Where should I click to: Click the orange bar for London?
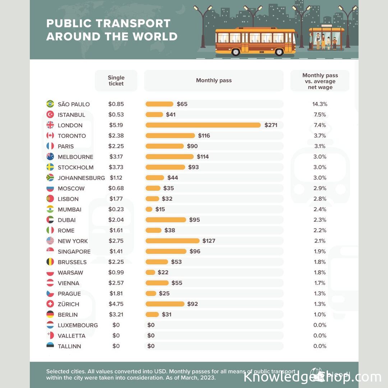coord(203,125)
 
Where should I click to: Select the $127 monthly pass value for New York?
coord(209,241)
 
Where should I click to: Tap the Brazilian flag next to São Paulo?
coord(50,104)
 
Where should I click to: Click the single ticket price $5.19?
coord(116,125)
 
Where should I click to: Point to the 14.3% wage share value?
coord(320,104)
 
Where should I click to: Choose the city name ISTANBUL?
coord(71,115)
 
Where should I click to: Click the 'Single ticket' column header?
coord(116,80)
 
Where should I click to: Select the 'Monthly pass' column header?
coord(214,80)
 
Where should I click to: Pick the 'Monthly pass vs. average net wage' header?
coord(320,81)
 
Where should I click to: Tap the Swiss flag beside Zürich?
coord(50,304)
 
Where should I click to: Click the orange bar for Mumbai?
coord(149,209)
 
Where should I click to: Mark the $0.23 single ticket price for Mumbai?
coord(116,209)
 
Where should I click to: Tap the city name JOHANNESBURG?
coord(81,178)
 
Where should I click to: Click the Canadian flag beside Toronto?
coord(50,136)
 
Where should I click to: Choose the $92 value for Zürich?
coord(193,304)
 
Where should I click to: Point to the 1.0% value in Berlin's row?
coord(320,314)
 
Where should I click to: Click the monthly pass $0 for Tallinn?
coord(151,346)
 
